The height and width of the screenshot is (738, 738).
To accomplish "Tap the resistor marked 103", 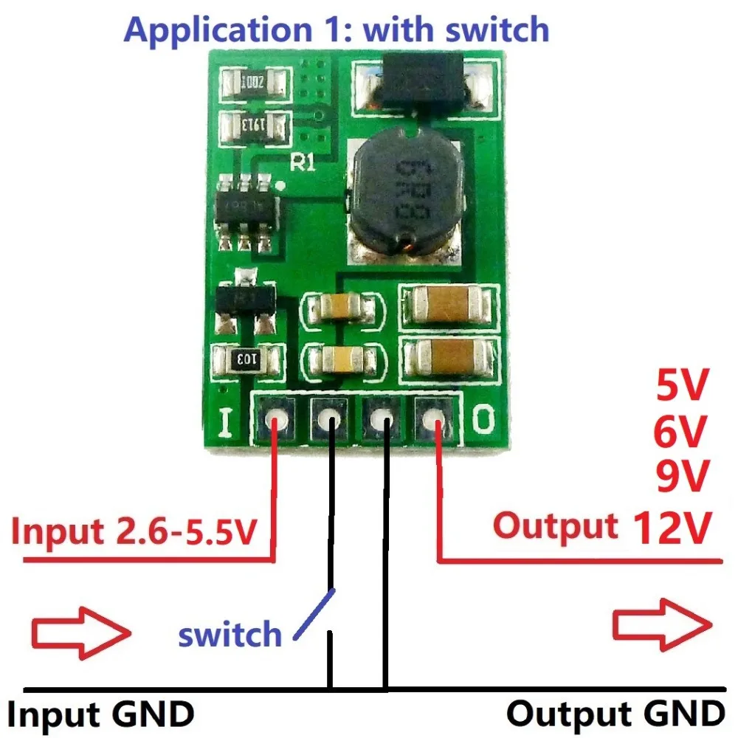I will click(246, 359).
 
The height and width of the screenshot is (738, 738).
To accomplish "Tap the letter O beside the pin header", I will click(481, 420).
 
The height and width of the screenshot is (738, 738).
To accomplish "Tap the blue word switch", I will click(230, 634).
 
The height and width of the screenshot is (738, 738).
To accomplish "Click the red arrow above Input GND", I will click(81, 631).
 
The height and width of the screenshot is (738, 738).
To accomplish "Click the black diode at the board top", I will click(418, 85).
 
